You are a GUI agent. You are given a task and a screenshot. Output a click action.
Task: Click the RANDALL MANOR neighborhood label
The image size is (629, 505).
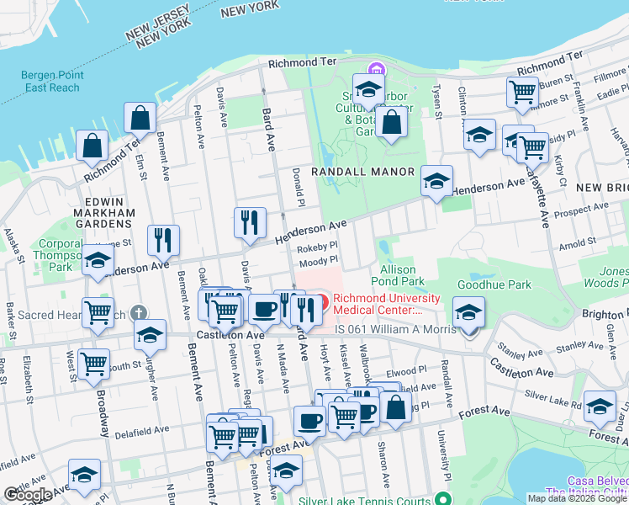(x=362, y=172)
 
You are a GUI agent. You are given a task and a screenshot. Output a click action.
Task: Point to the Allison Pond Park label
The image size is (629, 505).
(x=398, y=274)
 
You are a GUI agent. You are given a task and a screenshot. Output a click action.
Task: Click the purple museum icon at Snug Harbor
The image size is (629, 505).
(x=375, y=69)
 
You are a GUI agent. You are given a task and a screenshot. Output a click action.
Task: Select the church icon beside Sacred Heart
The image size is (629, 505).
(x=140, y=312)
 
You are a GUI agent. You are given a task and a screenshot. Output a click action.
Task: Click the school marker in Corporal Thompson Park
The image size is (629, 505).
(x=98, y=260)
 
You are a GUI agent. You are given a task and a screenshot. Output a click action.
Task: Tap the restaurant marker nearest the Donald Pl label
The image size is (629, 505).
(x=250, y=223)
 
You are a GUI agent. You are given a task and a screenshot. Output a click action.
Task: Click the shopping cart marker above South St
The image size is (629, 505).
(x=92, y=364)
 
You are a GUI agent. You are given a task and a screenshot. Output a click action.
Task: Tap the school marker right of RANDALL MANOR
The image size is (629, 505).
(x=436, y=180)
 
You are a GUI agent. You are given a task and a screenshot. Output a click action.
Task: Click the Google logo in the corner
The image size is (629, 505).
(x=28, y=495)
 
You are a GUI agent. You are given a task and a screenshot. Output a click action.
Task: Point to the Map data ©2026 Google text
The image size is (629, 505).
(x=577, y=498)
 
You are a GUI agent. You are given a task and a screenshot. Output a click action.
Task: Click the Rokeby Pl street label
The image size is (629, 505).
(x=319, y=247)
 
